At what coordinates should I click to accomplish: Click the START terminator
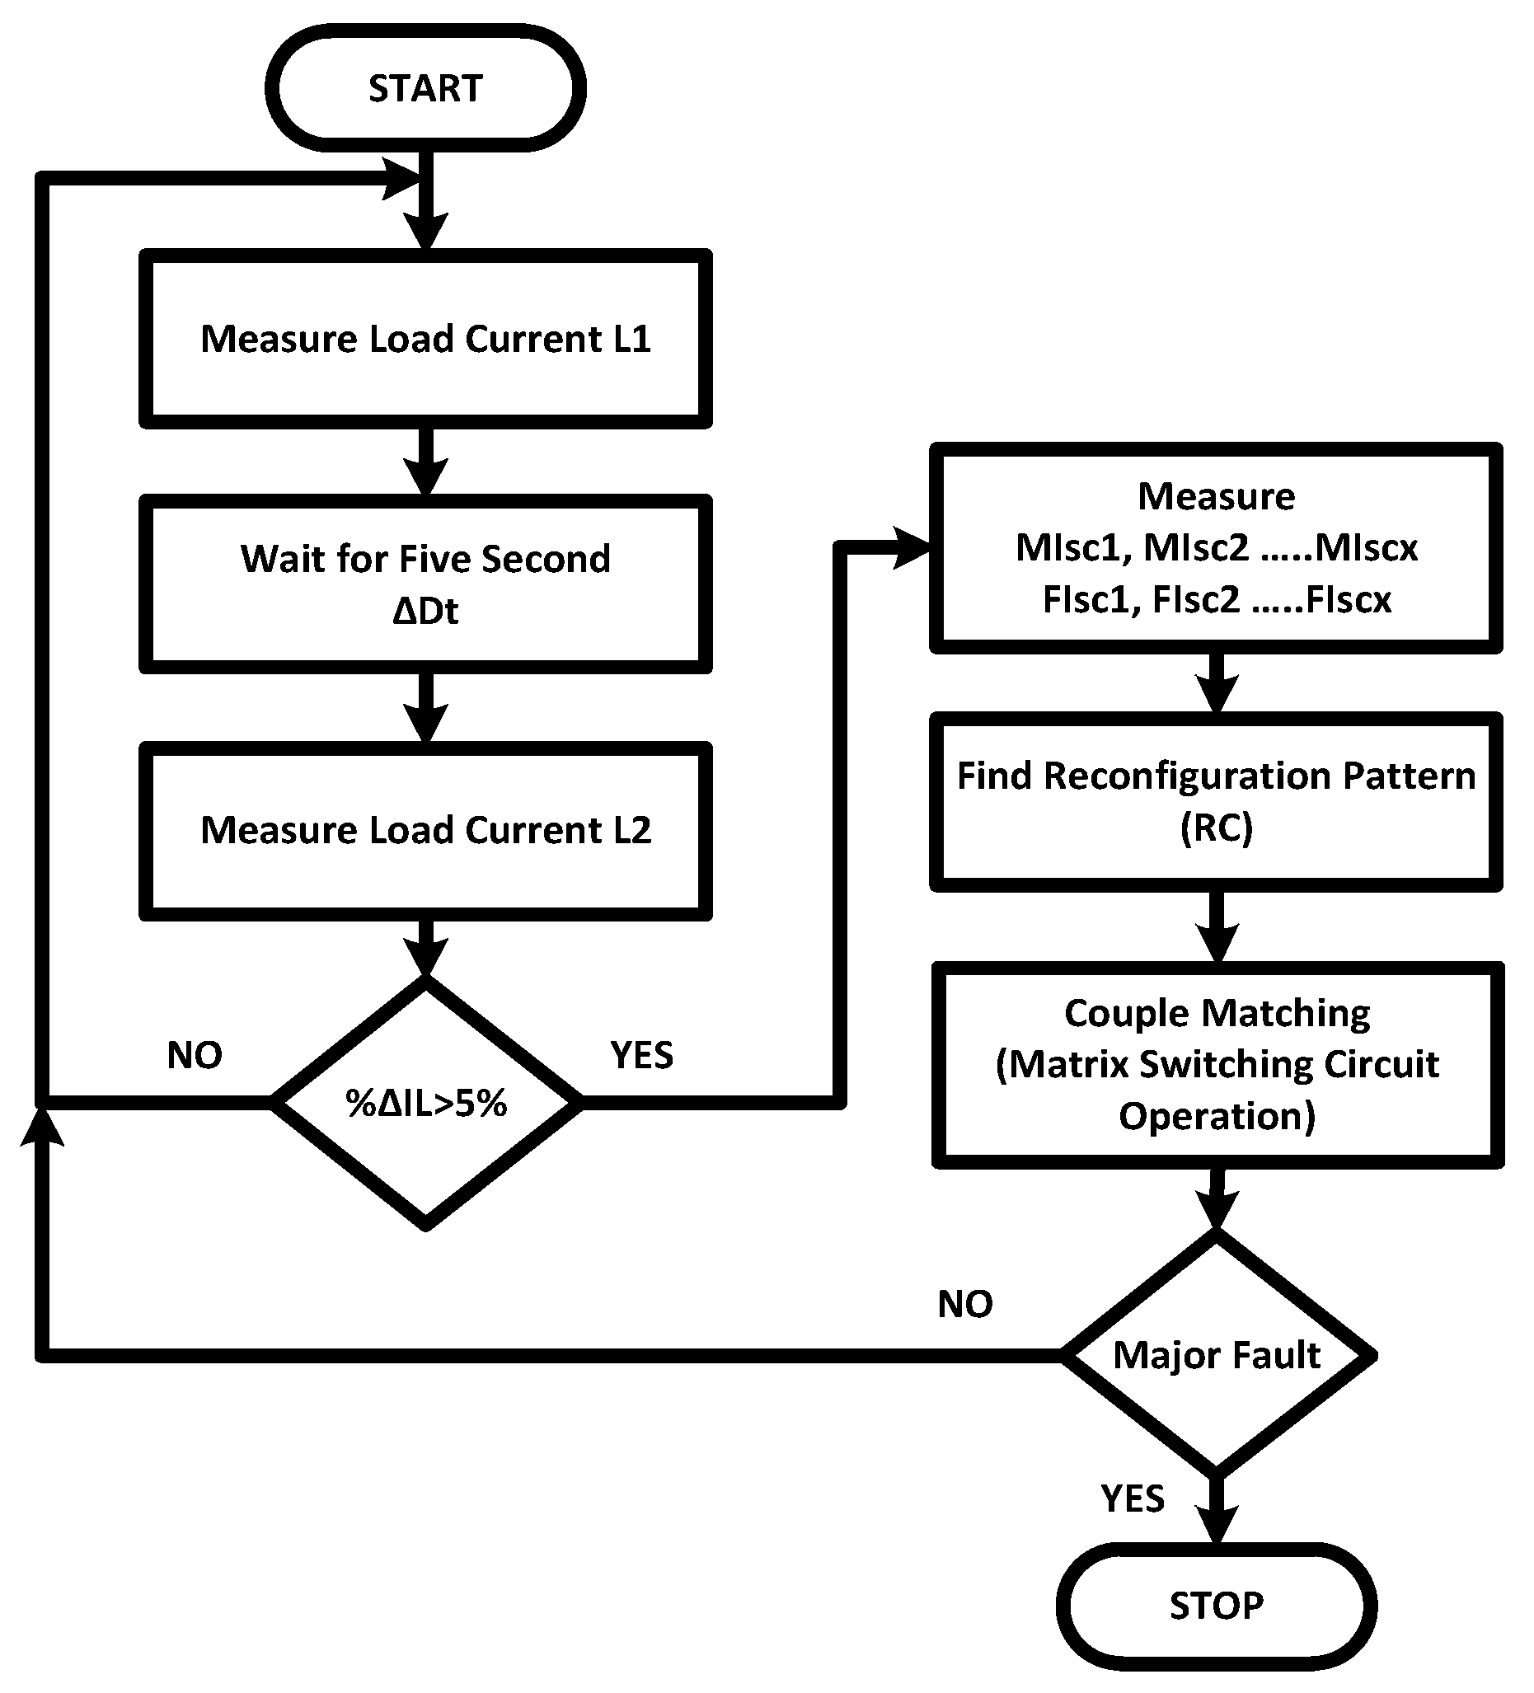(425, 88)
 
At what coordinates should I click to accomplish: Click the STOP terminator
(1216, 1606)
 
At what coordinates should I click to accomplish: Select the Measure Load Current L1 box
(425, 339)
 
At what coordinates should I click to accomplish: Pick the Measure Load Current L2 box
(425, 830)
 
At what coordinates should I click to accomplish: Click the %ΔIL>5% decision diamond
(425, 1103)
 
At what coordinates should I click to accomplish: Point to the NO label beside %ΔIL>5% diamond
(194, 1055)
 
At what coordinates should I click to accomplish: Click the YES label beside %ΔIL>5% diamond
(641, 1055)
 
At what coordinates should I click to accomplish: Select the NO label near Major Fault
(964, 1304)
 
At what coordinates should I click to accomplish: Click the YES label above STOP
(1133, 1499)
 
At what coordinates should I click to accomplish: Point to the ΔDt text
(425, 611)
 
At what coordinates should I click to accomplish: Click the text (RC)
(1216, 828)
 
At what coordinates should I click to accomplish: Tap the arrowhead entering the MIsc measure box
(912, 547)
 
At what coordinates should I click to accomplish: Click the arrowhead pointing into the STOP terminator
(1217, 1522)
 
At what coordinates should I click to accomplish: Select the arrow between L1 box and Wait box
(425, 461)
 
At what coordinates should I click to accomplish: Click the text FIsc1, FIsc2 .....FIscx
(1216, 599)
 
